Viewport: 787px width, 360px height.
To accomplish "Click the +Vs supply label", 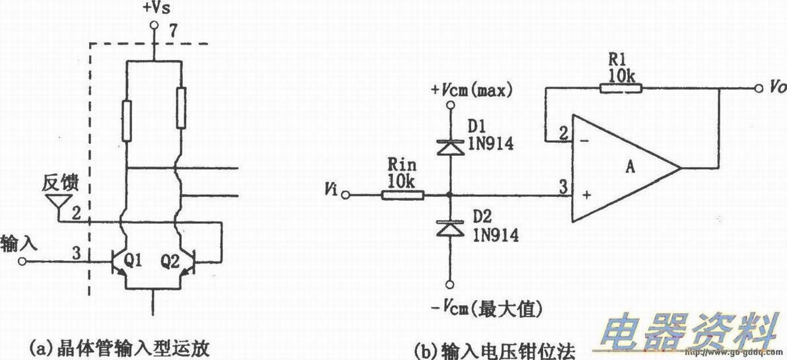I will [153, 9].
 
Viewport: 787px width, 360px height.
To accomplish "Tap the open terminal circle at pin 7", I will [153, 26].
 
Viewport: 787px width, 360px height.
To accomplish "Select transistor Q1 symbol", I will [119, 262].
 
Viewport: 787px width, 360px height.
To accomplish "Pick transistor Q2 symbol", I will [188, 262].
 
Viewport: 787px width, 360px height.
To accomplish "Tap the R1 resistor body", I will [620, 89].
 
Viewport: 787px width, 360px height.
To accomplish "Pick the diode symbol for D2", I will [450, 228].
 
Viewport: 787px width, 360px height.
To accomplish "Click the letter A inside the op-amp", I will [630, 168].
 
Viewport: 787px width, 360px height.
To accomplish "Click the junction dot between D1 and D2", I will [450, 195].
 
